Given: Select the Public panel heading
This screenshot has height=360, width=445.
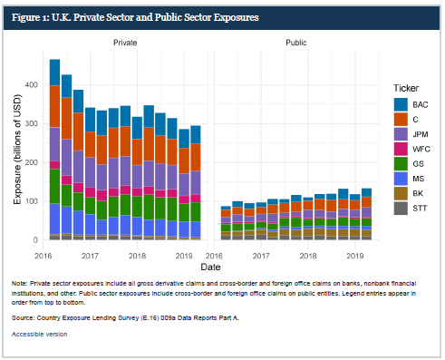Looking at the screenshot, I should [295, 43].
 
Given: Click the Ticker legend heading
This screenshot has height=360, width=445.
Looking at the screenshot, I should [406, 88].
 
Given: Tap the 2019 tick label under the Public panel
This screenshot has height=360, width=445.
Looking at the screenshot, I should [355, 257].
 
